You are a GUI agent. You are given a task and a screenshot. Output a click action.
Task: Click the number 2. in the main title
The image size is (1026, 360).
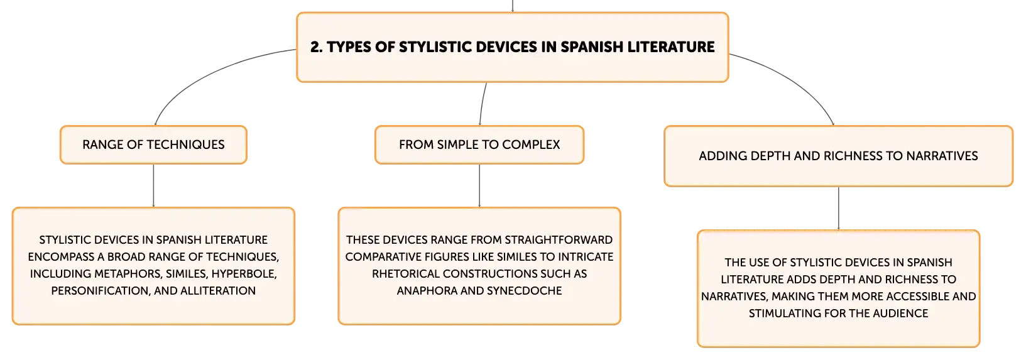[317, 46]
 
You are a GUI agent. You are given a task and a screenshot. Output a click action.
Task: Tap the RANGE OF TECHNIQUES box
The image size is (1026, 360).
[153, 145]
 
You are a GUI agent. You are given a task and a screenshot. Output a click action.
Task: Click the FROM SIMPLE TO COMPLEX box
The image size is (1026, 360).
[479, 145]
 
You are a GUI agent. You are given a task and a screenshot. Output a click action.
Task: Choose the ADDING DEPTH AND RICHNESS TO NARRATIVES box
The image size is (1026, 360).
[838, 156]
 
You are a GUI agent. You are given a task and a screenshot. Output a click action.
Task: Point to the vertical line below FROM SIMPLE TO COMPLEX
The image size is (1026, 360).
[479, 185]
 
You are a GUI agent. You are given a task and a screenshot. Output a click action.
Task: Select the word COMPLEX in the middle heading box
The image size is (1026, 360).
[531, 145]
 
